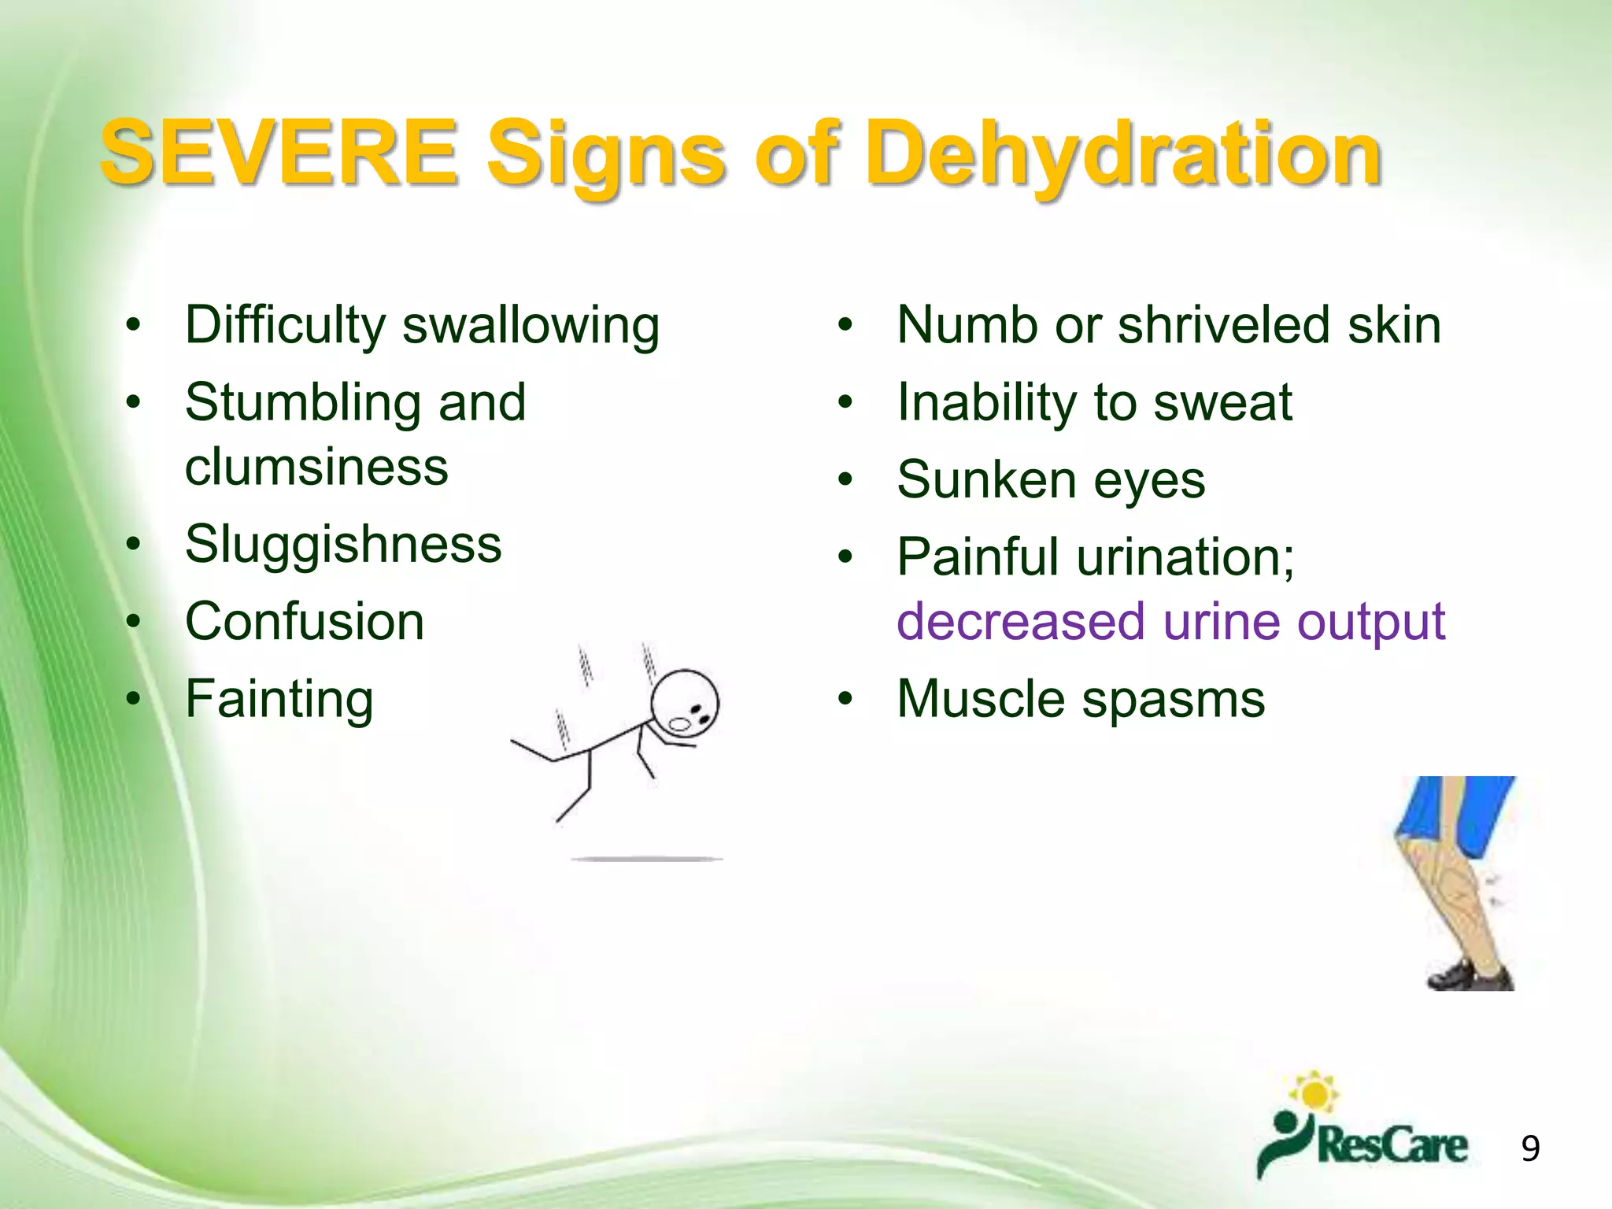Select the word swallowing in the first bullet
[x=531, y=326]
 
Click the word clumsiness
[x=316, y=467]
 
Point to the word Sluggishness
[x=343, y=545]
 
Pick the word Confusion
[x=305, y=622]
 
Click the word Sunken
[x=986, y=480]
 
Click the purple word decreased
[x=1021, y=622]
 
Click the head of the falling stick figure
[x=685, y=703]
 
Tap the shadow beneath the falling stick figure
[x=647, y=859]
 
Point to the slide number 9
[x=1530, y=1148]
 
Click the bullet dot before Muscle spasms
[x=845, y=698]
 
